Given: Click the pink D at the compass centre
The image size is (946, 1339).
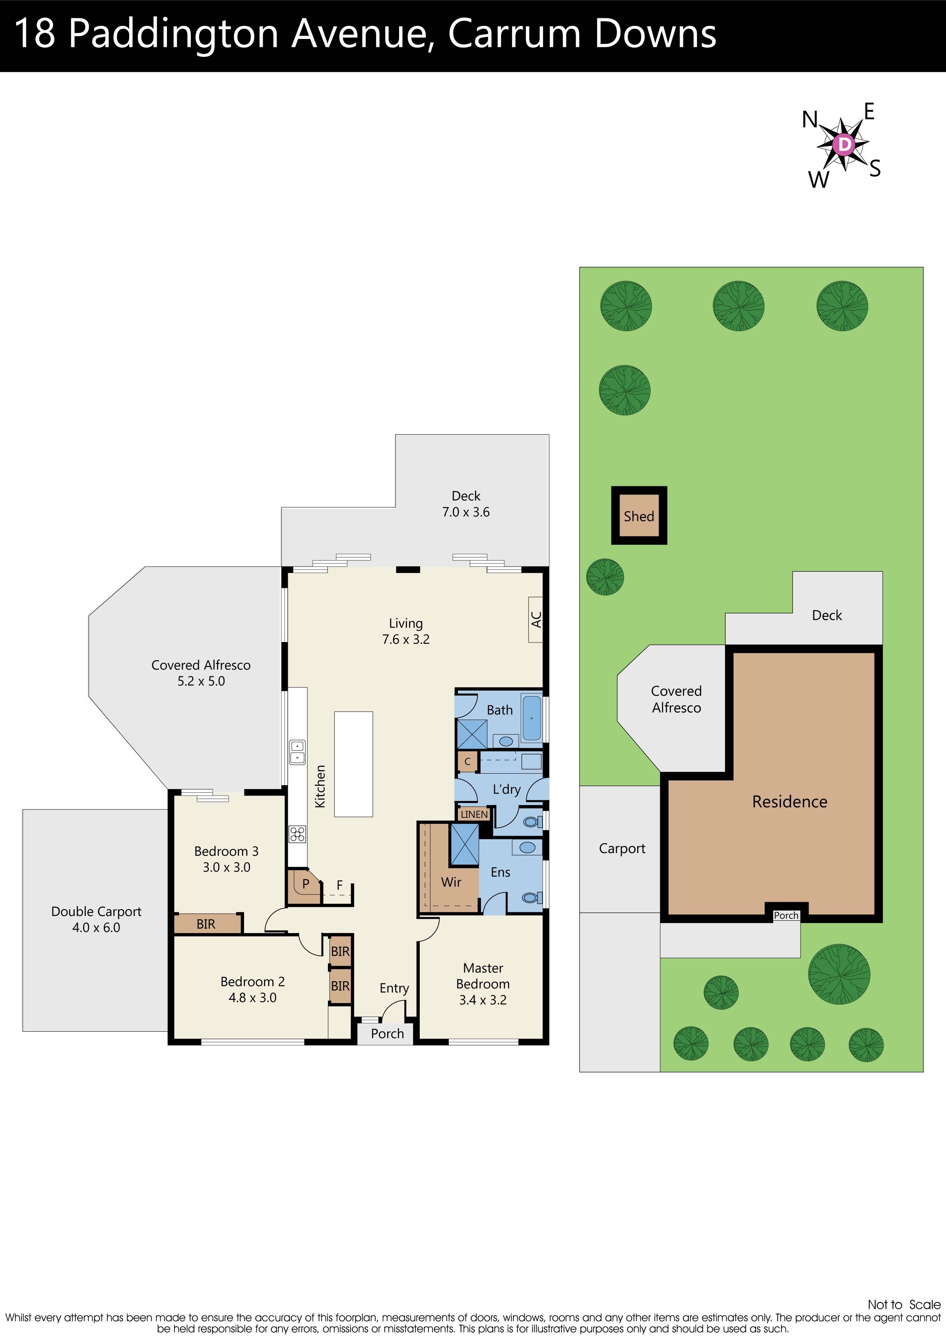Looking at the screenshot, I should coord(844,144).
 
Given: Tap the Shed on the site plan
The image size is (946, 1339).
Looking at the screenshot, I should coord(639,516).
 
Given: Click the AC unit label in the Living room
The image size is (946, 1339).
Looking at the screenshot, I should coord(536,619).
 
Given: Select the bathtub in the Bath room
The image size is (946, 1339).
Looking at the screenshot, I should coord(531,718).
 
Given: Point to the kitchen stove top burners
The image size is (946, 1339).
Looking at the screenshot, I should coord(297,834).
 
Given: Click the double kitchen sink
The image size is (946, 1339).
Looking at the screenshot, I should coord(297,752).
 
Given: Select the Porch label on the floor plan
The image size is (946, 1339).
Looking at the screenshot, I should coord(387,1033).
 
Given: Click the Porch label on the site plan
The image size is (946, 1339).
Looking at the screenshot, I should coord(785,916).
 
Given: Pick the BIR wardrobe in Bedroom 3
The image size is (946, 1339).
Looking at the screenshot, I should coord(206,924).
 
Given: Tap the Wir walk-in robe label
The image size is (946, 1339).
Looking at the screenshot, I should coord(451,882).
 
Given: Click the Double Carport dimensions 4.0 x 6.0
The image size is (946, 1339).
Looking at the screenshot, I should coord(96,927).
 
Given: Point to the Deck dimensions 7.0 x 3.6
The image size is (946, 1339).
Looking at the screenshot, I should coord(465,512).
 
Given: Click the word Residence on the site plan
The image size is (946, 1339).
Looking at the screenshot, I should coord(789,801).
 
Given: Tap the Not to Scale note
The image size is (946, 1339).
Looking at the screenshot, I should coord(903,1304).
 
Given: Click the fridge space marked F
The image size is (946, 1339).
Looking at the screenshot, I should coord(339,885).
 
